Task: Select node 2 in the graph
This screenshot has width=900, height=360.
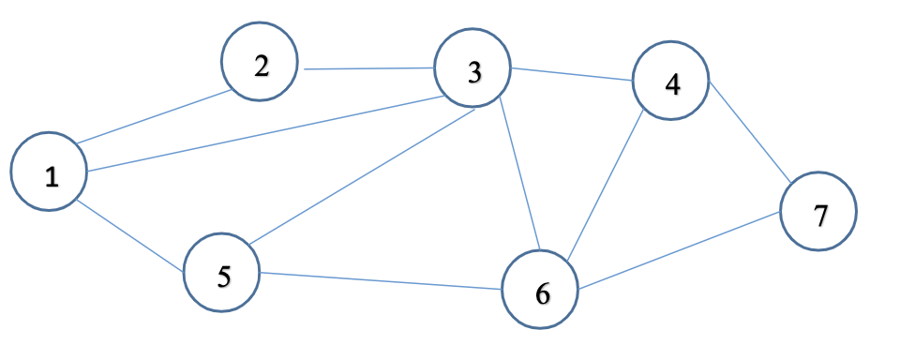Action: click(260, 63)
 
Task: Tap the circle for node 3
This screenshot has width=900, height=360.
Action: click(472, 71)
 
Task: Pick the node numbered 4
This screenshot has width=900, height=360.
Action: click(670, 82)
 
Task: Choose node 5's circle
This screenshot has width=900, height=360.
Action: click(221, 274)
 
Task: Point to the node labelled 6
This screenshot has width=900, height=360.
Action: click(540, 292)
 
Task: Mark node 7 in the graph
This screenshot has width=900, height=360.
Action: click(818, 212)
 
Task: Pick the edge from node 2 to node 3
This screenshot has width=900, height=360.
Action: click(366, 68)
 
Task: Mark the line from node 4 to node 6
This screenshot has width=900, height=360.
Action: click(606, 183)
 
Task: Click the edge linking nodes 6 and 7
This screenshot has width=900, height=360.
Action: click(677, 249)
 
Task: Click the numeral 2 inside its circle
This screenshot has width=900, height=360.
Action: click(261, 65)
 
